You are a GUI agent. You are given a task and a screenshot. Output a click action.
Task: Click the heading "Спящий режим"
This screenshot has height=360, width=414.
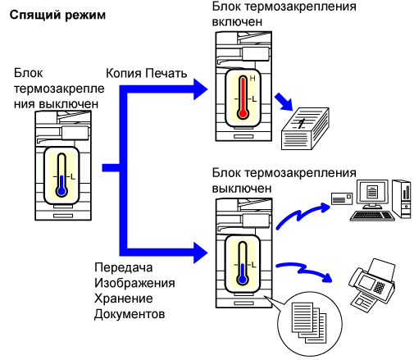point(57,15)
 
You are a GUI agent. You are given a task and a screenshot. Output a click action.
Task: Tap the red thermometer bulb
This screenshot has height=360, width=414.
point(243,114)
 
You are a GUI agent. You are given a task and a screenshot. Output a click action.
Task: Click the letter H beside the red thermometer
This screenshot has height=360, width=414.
point(252,79)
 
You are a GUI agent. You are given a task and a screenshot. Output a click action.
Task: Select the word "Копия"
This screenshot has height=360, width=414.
point(124,73)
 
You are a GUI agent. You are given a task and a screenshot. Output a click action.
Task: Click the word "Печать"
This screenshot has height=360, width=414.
point(166,73)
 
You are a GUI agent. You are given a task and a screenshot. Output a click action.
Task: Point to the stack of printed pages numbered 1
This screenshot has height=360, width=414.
point(305,129)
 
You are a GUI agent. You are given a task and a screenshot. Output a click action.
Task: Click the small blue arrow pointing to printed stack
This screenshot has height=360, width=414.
point(284,102)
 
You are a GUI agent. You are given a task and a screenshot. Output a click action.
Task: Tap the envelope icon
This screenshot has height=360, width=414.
point(342,198)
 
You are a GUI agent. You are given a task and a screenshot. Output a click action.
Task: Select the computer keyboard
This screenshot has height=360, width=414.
point(372,216)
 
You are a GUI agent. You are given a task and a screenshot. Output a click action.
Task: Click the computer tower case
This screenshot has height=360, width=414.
point(402,198)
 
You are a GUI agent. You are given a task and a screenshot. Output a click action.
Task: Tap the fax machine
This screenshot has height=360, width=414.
point(372,285)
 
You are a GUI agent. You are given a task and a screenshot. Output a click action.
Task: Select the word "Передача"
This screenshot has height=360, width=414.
point(124,267)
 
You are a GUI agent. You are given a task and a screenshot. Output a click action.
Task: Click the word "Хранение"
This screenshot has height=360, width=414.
point(124,298)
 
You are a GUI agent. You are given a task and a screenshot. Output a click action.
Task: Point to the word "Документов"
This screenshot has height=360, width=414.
point(130,314)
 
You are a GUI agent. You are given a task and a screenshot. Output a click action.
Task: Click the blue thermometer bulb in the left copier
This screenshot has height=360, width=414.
point(61,191)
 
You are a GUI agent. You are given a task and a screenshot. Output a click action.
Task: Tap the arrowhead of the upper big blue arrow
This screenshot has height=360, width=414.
point(200,89)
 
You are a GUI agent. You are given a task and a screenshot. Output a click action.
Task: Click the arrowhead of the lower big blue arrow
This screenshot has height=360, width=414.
point(200,253)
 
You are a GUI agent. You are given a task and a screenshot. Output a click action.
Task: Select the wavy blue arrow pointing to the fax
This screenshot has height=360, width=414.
point(303,271)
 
